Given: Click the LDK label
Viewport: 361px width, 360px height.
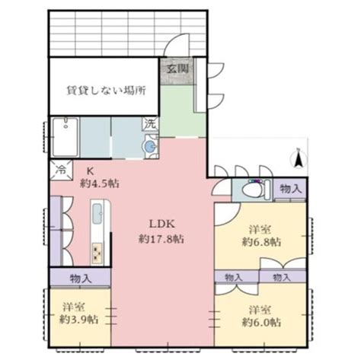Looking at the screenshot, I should [x=161, y=224].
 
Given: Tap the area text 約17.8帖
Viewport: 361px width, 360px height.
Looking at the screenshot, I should [x=161, y=238].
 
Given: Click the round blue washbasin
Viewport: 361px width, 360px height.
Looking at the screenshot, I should [x=151, y=145].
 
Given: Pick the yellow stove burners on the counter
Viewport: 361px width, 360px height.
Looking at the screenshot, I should [x=98, y=250].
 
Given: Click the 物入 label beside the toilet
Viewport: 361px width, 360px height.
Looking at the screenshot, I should [x=290, y=187].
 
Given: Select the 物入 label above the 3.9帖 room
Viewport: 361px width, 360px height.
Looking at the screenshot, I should [x=80, y=278].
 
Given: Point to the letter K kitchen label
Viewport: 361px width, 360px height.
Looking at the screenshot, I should [x=89, y=170].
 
